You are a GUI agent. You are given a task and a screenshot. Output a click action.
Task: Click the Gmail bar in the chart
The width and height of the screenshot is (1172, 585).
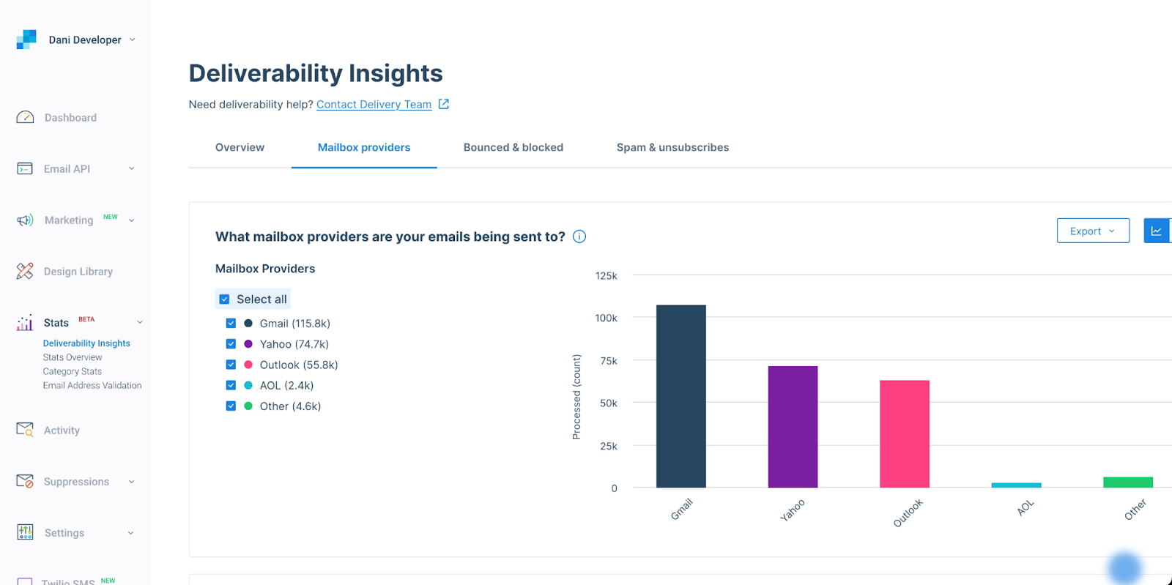(x=680, y=396)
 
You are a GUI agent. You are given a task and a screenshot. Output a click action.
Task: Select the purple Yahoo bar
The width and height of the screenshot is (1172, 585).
(x=793, y=427)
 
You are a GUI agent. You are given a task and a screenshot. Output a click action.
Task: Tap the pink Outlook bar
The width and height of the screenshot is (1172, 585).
(x=904, y=433)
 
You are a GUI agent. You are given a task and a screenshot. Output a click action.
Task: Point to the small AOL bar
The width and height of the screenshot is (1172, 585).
(x=1016, y=485)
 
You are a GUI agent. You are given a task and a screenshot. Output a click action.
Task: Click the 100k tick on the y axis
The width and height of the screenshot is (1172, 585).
(x=606, y=318)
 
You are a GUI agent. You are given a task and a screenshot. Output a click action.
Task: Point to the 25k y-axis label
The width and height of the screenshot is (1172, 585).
(x=608, y=446)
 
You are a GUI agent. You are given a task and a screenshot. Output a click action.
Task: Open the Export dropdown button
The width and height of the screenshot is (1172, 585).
(x=1092, y=231)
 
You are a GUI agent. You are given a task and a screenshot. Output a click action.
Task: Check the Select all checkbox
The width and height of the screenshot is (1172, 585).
(x=224, y=299)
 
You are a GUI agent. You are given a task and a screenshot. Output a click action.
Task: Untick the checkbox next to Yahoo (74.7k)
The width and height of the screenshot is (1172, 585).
(x=231, y=344)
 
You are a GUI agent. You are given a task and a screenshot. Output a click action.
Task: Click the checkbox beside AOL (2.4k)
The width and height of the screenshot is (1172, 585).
(x=231, y=385)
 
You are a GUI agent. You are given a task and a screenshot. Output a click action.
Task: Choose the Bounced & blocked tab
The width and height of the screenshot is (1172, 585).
(x=513, y=147)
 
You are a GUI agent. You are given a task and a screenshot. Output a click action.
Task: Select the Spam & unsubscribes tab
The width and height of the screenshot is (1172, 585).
(x=672, y=147)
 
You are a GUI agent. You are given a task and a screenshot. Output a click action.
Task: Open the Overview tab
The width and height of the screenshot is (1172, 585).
(x=240, y=147)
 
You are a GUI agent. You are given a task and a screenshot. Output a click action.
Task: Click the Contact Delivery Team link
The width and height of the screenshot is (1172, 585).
(x=374, y=105)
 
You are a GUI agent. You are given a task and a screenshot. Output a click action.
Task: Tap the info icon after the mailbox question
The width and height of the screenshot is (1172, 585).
(x=579, y=236)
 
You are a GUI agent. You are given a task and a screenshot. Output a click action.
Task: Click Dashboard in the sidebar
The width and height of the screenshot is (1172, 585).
(x=70, y=118)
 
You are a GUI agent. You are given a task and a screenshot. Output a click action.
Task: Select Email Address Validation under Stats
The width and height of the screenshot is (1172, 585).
(x=92, y=385)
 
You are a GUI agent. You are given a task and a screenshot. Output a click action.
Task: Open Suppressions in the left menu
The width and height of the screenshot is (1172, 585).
(x=76, y=482)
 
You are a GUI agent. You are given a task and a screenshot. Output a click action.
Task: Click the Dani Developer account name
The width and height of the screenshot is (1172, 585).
(x=85, y=40)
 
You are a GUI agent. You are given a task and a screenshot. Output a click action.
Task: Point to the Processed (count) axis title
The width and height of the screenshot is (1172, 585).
(x=576, y=397)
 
